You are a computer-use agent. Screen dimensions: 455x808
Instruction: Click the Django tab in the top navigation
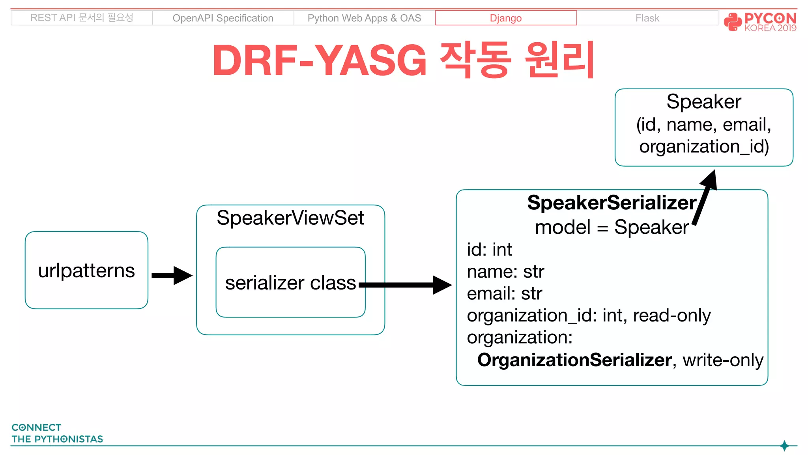click(505, 18)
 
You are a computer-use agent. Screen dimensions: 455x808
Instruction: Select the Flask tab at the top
click(647, 18)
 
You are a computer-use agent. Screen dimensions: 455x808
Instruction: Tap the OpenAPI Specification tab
click(223, 18)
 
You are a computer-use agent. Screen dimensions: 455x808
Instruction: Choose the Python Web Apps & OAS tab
click(364, 18)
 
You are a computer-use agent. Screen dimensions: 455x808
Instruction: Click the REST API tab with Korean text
click(82, 18)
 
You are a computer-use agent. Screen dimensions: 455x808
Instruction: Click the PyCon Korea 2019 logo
click(760, 21)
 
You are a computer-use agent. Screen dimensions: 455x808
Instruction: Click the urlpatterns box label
click(86, 271)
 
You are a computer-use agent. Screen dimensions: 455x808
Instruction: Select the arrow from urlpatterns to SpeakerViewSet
click(172, 275)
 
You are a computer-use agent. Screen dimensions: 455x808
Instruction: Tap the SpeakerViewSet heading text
click(290, 218)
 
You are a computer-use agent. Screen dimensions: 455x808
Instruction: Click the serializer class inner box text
click(290, 283)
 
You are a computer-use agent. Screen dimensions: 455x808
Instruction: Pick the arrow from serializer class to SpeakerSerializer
click(406, 285)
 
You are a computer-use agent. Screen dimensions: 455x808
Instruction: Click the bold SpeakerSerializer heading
click(612, 203)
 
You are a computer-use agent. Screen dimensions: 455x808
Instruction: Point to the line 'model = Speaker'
click(612, 227)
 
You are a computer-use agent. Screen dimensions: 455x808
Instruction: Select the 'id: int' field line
click(489, 250)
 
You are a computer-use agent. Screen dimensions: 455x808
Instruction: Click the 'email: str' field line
click(504, 294)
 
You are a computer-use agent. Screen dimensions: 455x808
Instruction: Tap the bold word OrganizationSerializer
click(574, 360)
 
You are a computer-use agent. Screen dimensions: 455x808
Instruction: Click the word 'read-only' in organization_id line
click(671, 316)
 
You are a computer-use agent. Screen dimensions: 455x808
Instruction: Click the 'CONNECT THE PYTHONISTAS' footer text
click(57, 433)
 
